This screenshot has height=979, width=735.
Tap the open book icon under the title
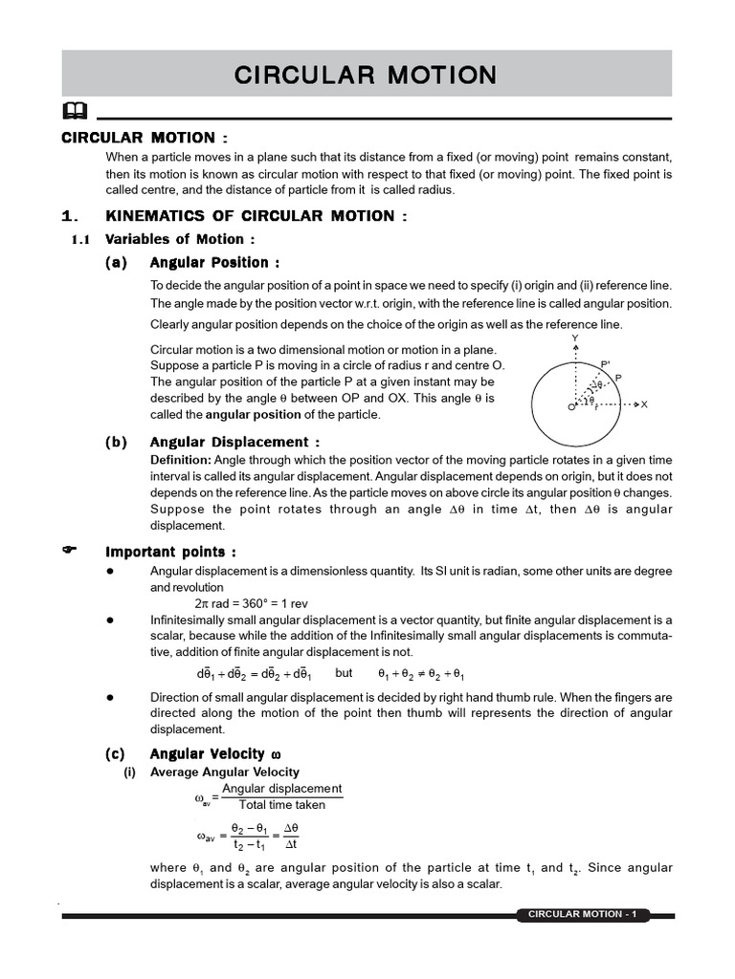pos(76,110)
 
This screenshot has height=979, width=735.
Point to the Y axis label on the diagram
pos(574,338)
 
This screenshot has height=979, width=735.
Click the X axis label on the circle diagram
pos(644,404)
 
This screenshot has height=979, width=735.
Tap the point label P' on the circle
pos(606,364)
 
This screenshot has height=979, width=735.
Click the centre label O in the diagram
pos(569,407)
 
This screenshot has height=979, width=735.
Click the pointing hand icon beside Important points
pos(68,551)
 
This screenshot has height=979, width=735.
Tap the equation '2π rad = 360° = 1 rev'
pos(257,604)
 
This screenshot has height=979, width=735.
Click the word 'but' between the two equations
pos(345,672)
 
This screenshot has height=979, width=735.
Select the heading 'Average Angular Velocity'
pos(225,772)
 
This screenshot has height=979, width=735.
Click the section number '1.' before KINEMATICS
pos(68,217)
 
